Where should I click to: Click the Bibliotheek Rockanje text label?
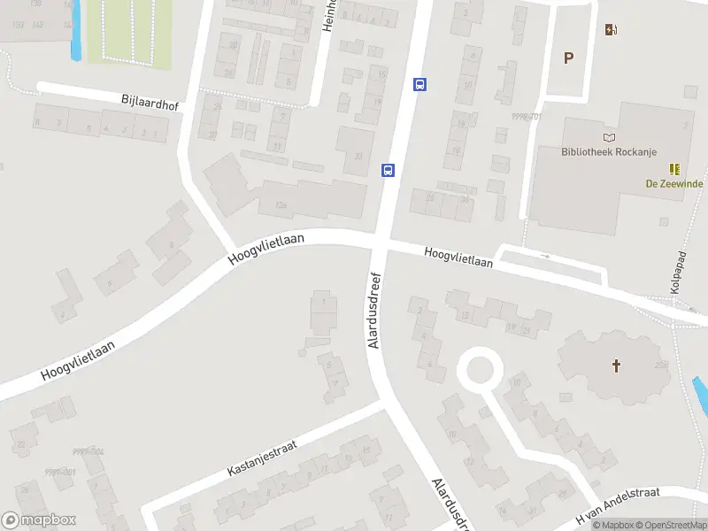tap(609, 151)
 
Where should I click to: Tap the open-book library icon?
tap(609, 136)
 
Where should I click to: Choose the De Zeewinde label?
tap(674, 184)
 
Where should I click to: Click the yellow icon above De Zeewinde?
tap(674, 168)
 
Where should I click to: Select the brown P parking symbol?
tap(569, 58)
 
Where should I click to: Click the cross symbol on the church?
tap(616, 366)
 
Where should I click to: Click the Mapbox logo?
tap(39, 520)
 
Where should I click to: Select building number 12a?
tap(282, 206)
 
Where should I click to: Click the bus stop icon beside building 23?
tap(388, 170)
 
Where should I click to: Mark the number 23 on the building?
tap(358, 157)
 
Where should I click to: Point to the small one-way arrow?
tap(545, 257)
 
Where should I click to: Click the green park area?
tap(128, 31)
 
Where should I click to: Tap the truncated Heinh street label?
tap(327, 16)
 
